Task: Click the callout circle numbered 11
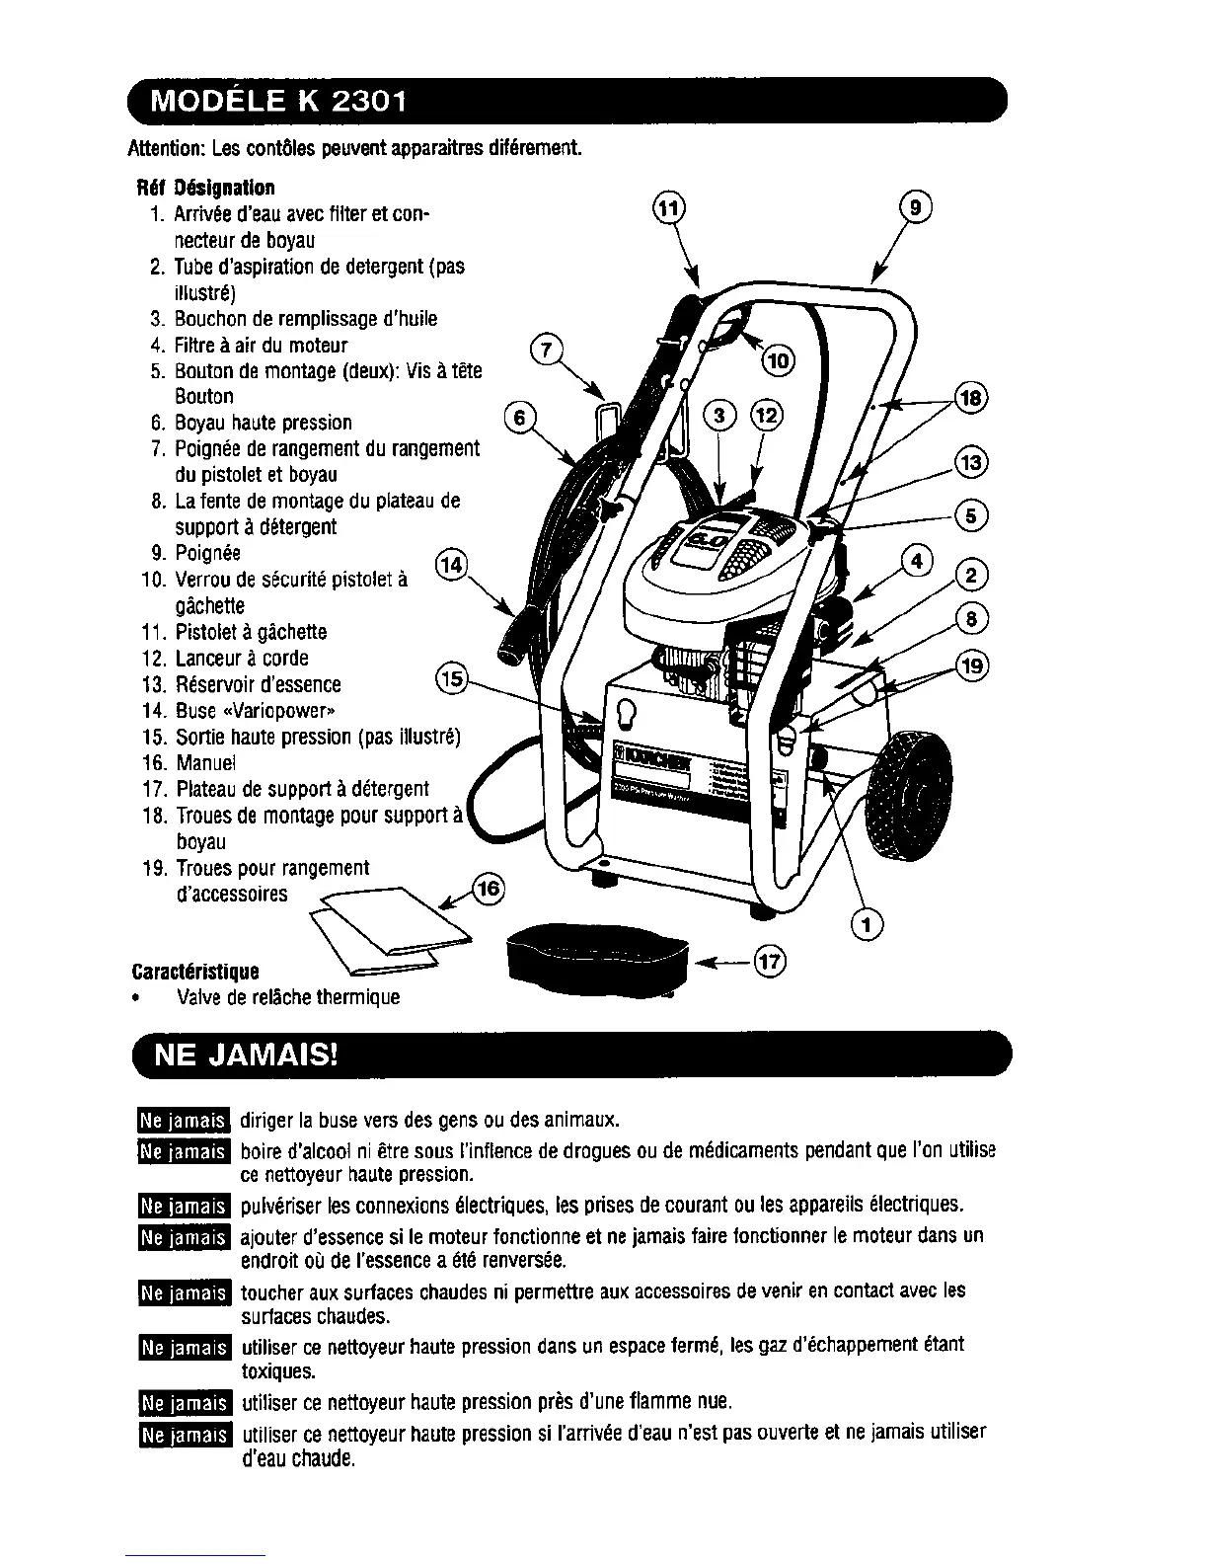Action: [x=668, y=208]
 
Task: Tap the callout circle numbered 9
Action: [x=917, y=208]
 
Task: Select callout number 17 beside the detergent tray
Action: [x=771, y=961]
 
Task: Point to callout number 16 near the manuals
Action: [x=489, y=888]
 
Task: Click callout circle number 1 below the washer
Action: [x=868, y=925]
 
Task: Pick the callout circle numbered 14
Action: [x=450, y=565]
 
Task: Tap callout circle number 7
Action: [x=546, y=349]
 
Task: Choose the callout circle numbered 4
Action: [x=917, y=561]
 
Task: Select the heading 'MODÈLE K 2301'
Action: [x=276, y=103]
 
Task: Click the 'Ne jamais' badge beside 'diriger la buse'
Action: [x=183, y=1120]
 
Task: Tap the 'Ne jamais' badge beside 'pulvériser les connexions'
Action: [x=183, y=1205]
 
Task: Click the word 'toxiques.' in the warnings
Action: [x=278, y=1371]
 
